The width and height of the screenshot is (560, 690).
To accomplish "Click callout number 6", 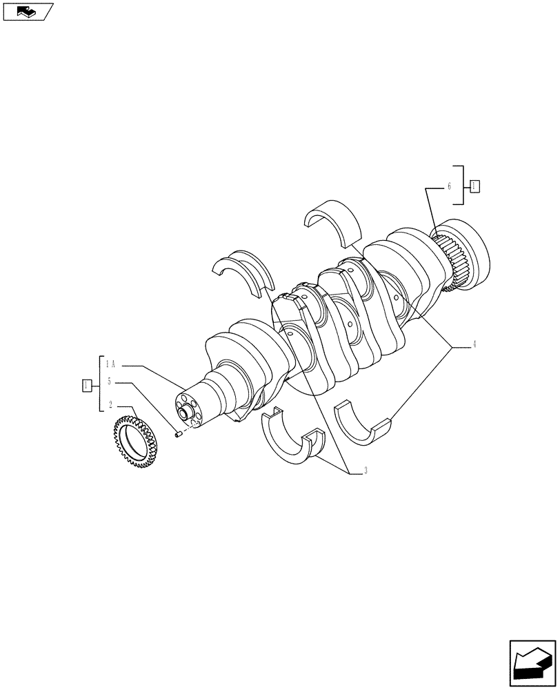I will [x=449, y=186].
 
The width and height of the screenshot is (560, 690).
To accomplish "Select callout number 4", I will [x=474, y=344].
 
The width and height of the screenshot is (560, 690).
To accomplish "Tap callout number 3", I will [x=366, y=471].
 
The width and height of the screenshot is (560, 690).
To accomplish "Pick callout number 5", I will [x=109, y=382].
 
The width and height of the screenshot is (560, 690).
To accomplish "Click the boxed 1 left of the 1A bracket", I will [x=86, y=385].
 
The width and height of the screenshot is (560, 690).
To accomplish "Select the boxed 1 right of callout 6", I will [x=475, y=186].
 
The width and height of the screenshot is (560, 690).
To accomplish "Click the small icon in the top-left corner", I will [x=28, y=11].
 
